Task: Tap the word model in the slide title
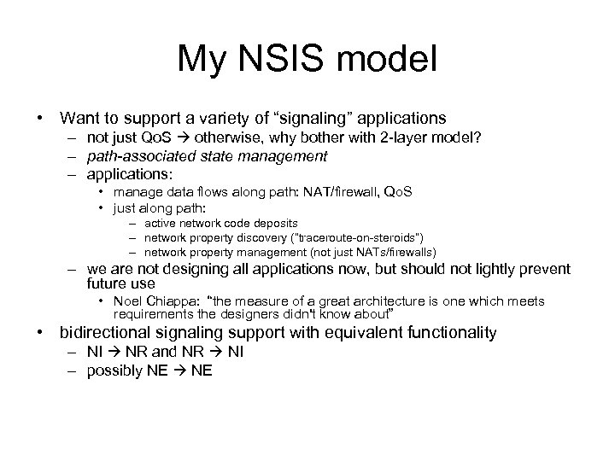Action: (392, 59)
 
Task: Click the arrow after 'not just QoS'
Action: (182, 136)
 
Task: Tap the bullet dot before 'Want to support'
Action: (38, 117)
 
